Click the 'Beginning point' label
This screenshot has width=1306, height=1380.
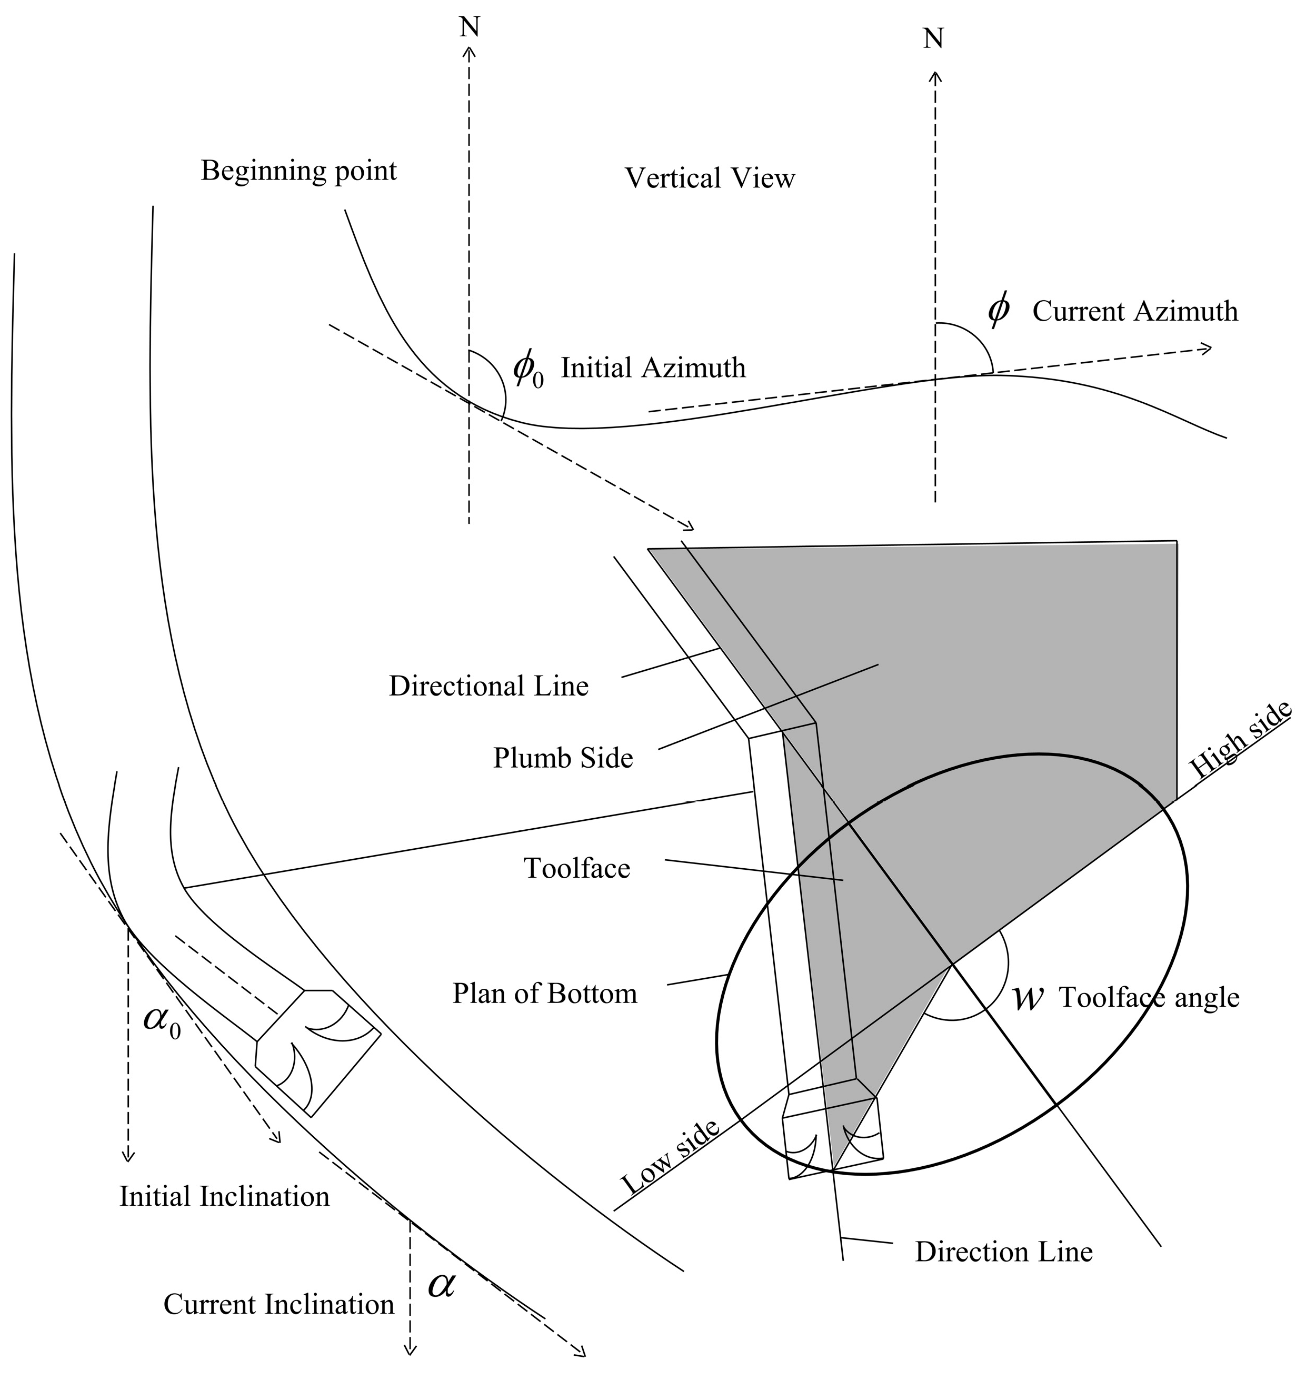pyautogui.click(x=298, y=171)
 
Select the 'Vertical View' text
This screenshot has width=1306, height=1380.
pyautogui.click(x=710, y=179)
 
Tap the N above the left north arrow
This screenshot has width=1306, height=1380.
pyautogui.click(x=470, y=27)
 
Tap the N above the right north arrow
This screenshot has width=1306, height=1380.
pyautogui.click(x=933, y=39)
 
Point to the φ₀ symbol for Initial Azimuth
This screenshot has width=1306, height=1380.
pyautogui.click(x=527, y=370)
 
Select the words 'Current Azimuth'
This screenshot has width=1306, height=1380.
pyautogui.click(x=1135, y=311)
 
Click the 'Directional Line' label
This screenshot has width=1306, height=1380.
pyautogui.click(x=488, y=687)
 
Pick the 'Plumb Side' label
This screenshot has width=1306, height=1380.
pyautogui.click(x=563, y=758)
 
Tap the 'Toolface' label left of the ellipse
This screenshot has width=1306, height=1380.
pyautogui.click(x=576, y=868)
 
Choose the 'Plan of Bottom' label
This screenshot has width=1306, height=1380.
pyautogui.click(x=544, y=994)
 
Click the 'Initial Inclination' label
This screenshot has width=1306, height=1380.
pyautogui.click(x=224, y=1197)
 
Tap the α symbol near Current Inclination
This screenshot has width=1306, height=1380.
pyautogui.click(x=441, y=1285)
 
